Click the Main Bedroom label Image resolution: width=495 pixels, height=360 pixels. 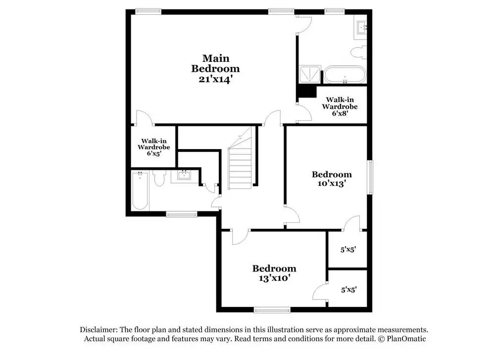[x=215, y=63]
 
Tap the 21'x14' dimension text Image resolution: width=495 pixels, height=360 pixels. [x=215, y=79]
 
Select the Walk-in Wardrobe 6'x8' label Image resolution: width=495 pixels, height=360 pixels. [x=340, y=106]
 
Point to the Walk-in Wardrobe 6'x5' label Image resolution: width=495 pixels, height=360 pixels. [x=153, y=147]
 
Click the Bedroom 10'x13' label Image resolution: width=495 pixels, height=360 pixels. [x=332, y=178]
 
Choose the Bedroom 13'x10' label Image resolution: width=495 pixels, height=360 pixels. [x=274, y=273]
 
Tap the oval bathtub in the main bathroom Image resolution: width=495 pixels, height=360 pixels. [x=345, y=75]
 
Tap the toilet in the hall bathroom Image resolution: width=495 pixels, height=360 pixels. [x=159, y=178]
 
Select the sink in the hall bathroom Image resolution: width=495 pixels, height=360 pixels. [x=184, y=176]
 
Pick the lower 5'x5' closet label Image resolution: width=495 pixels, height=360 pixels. [x=348, y=289]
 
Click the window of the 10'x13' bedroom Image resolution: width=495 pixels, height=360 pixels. [x=369, y=177]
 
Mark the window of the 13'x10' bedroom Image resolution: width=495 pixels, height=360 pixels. [x=271, y=310]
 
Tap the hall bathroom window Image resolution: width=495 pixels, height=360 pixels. [x=181, y=214]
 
